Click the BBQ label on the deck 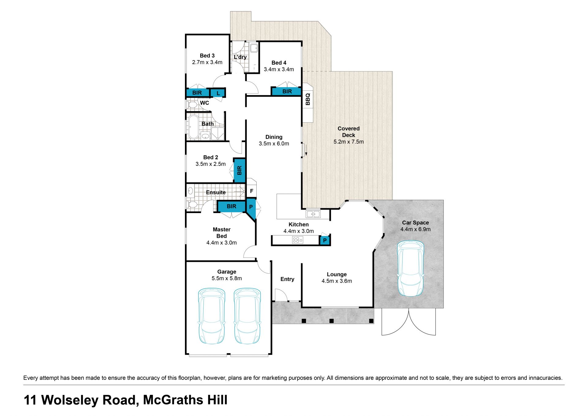click(308, 99)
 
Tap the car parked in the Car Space click(410, 269)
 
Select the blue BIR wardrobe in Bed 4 click(287, 91)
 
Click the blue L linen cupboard click(218, 93)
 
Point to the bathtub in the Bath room click(193, 127)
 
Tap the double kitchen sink click(313, 214)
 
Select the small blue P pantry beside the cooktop click(325, 240)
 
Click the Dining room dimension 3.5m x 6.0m click(274, 143)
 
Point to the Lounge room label click(337, 274)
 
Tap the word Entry click(287, 279)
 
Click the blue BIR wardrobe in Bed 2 click(239, 170)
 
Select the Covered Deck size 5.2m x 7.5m click(349, 142)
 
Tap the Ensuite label click(216, 192)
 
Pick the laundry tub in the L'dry click(254, 48)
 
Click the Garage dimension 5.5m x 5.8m click(227, 278)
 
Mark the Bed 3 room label click(207, 55)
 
